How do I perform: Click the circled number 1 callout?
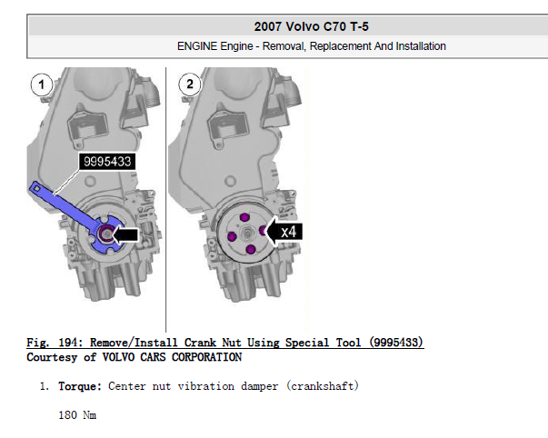point(42,85)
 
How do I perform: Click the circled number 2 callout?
point(189,84)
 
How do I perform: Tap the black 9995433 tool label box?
point(107,162)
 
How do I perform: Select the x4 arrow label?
point(284,232)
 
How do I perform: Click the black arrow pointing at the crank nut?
point(125,234)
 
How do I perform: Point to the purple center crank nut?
point(105,234)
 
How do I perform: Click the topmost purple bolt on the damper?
point(244,217)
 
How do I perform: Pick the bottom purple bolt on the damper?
point(251,250)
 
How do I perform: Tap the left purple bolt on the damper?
point(232,236)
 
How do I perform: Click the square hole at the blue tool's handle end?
point(36,188)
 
